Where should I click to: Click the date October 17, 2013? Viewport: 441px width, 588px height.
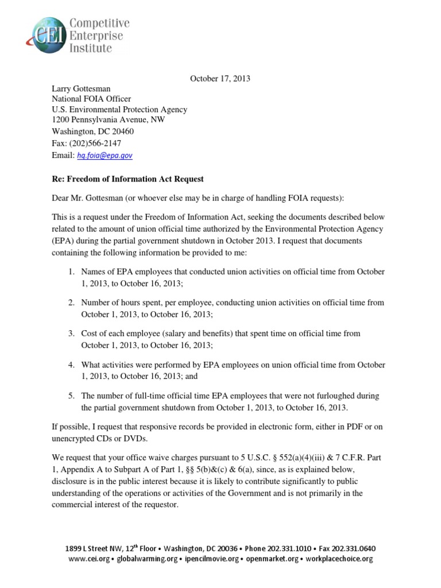220,79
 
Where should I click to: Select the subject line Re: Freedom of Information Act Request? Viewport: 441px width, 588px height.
128,179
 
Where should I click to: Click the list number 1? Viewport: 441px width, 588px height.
71,271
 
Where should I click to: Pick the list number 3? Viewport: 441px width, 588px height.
71,333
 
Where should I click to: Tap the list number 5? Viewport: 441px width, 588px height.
71,396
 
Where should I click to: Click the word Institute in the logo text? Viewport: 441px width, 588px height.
91,48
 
